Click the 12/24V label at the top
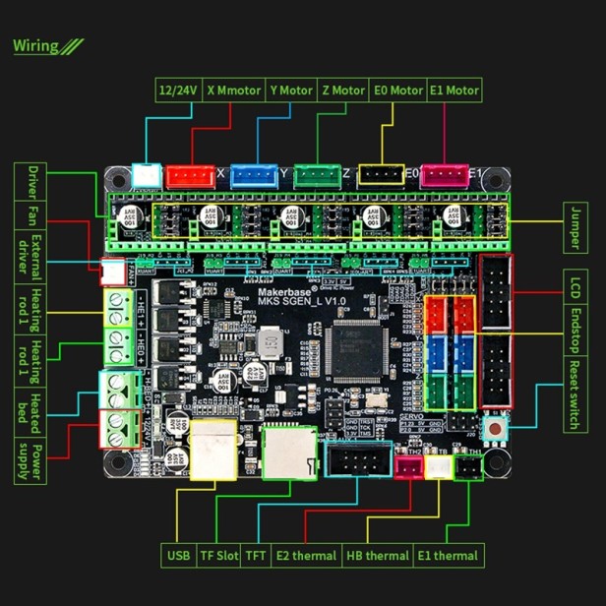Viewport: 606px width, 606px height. (179, 91)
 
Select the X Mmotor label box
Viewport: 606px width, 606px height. (234, 91)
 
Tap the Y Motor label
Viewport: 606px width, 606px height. (290, 91)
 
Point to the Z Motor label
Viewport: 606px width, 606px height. (342, 91)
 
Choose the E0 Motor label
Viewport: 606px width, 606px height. (397, 91)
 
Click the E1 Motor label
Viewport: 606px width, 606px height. (454, 91)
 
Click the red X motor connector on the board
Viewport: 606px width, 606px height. (190, 176)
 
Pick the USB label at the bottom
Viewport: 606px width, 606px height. (178, 556)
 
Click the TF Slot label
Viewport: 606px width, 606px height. (219, 556)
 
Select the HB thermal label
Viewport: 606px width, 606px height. (378, 556)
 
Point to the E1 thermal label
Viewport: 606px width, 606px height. (448, 556)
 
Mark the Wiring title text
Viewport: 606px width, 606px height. (36, 45)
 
